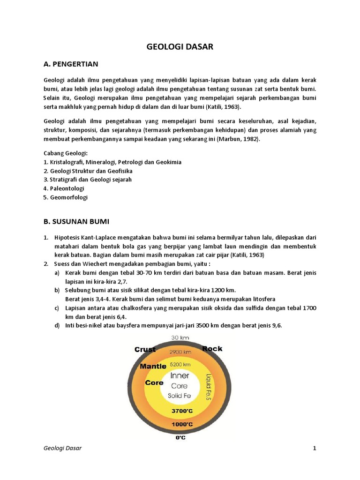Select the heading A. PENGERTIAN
coord(70,64)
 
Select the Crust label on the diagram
coord(145,349)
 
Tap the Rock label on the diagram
coord(212,349)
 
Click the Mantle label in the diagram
coord(153,366)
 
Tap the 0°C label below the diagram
coord(180,438)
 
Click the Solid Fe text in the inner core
coord(180,396)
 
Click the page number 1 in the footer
coord(315,449)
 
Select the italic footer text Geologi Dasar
coord(63,449)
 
